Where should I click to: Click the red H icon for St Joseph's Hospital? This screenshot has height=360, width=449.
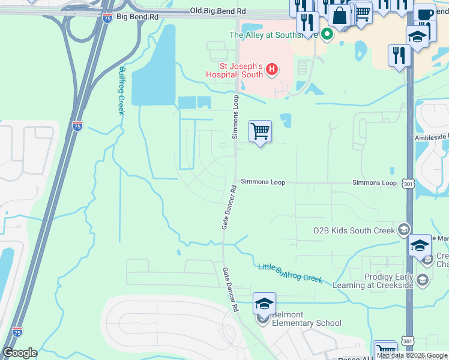pos(271,70)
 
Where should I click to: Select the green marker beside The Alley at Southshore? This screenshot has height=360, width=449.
pos(327,35)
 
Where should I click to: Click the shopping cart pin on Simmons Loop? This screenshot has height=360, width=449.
pos(260,131)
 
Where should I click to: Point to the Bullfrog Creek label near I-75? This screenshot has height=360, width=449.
pos(121,90)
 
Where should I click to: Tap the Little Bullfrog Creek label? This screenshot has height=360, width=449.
pos(291,273)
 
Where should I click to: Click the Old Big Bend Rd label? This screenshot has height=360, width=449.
pos(217,11)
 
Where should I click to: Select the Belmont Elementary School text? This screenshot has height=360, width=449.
pos(298,319)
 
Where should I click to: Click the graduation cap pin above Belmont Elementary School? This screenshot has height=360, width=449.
pos(264,304)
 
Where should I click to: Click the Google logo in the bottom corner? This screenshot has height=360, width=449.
pos(20,353)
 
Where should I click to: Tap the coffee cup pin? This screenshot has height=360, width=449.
pos(424,14)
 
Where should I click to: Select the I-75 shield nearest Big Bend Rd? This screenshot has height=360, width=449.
pos(107,18)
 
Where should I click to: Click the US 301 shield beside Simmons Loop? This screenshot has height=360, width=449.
pos(408,184)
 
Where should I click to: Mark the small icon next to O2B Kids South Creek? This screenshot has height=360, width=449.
pos(404,229)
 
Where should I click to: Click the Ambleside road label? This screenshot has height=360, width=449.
pos(431,137)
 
